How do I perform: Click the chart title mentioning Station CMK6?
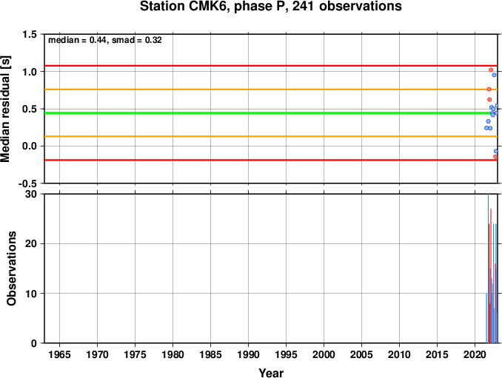[x=271, y=7]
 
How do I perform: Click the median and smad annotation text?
[x=105, y=40]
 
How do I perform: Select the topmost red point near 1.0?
[x=491, y=70]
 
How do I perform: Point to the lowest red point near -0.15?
[x=495, y=157]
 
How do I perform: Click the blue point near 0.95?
[x=494, y=75]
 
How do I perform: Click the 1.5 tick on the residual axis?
[x=29, y=34]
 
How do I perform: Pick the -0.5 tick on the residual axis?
[x=27, y=183]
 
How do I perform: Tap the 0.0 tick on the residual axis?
[x=29, y=146]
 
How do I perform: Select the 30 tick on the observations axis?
[x=30, y=194]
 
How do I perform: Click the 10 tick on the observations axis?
[x=30, y=294]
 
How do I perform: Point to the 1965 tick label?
[x=59, y=354]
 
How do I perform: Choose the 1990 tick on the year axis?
[x=249, y=354]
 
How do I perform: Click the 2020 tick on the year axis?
[x=475, y=354]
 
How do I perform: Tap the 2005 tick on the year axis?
[x=362, y=354]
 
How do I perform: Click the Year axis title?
[x=271, y=373]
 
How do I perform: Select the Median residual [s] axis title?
[x=6, y=109]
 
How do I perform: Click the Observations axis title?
[x=11, y=269]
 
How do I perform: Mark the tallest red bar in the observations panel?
[x=491, y=276]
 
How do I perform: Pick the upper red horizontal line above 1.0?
[x=271, y=66]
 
